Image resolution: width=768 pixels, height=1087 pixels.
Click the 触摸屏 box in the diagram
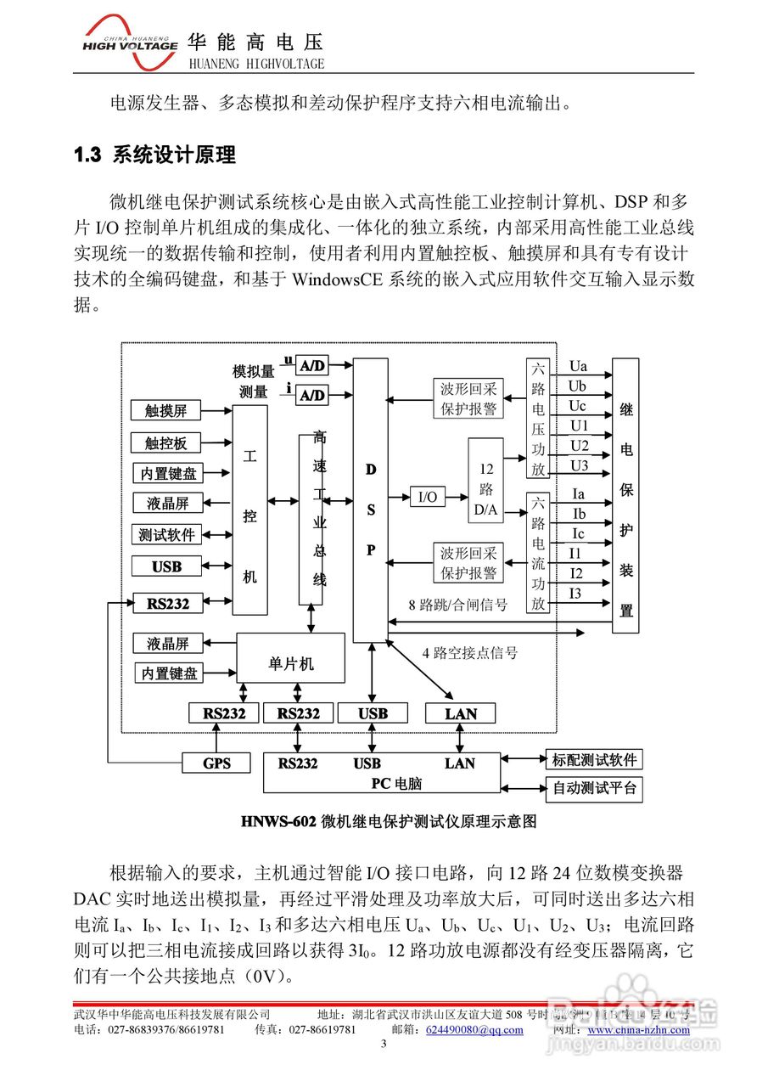tap(165, 411)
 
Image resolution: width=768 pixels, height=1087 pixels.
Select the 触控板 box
tap(165, 442)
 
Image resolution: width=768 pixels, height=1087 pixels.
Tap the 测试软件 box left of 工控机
tap(167, 535)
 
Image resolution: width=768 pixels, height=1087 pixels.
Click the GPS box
tap(217, 763)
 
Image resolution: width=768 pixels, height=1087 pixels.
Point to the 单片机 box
tap(290, 664)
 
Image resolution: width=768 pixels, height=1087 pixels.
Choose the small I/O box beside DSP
tap(428, 497)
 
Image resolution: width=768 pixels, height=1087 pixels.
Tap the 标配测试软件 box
tap(594, 759)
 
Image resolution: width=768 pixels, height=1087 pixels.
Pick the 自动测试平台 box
tap(594, 789)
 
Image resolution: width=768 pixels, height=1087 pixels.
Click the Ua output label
tap(578, 367)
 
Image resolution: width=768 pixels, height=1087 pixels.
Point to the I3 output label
tap(576, 593)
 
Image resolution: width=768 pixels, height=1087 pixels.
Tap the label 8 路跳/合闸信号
tap(458, 605)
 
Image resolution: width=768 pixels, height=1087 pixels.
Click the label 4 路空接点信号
tap(469, 653)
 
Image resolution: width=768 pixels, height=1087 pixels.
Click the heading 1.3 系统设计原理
tap(154, 155)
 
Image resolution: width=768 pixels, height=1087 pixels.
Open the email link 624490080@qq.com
tap(474, 1030)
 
